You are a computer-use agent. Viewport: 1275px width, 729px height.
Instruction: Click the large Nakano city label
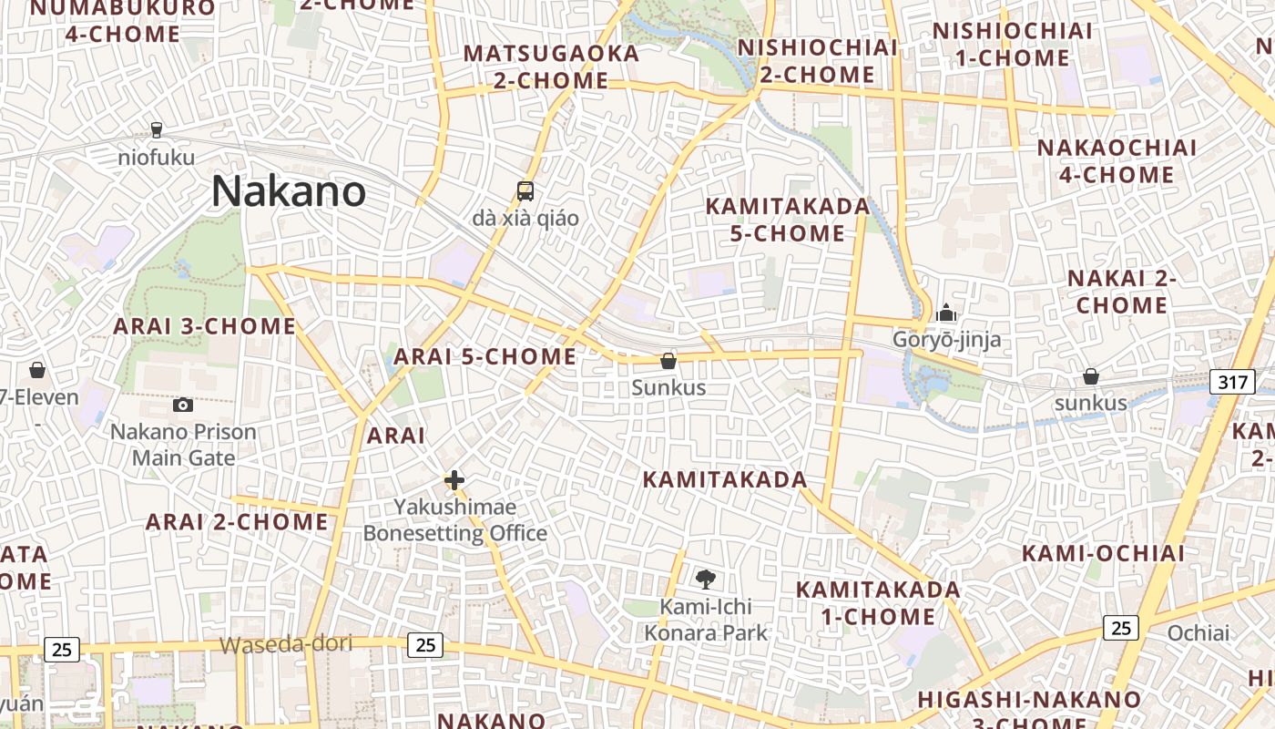tap(289, 191)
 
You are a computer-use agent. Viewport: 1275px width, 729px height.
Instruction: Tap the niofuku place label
tap(157, 158)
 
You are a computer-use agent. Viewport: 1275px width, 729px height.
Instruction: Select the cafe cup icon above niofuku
tap(157, 129)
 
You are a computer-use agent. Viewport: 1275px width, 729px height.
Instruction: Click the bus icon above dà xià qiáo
tap(525, 191)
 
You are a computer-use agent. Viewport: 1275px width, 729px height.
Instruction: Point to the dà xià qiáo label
tap(525, 219)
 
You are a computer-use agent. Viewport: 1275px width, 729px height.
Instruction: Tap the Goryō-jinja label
tap(946, 340)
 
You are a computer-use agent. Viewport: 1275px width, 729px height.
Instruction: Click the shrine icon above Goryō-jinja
tap(946, 313)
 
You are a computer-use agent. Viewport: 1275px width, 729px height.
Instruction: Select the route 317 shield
tap(1232, 382)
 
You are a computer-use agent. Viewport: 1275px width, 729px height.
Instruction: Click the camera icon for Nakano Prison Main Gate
tap(183, 405)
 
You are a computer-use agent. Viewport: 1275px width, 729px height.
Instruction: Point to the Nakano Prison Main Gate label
tap(183, 445)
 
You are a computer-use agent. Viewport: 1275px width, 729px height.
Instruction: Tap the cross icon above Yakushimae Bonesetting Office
tap(454, 479)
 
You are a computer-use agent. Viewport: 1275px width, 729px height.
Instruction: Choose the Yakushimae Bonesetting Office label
tap(454, 519)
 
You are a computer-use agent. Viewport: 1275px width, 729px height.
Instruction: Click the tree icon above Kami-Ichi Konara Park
tap(706, 578)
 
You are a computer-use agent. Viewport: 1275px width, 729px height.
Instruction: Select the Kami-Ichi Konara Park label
tap(706, 620)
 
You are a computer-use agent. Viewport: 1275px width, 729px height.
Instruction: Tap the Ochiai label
tap(1198, 632)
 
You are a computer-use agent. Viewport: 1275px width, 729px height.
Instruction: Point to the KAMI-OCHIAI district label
tap(1103, 553)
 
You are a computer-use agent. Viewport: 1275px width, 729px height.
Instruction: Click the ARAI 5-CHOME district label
tap(485, 356)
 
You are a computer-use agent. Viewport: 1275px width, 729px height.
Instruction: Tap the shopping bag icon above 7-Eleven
tap(37, 370)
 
